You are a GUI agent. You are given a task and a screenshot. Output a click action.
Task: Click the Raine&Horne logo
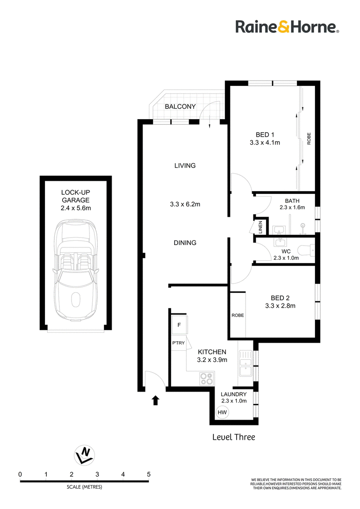(x=287, y=27)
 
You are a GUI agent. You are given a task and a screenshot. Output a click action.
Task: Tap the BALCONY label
(x=180, y=107)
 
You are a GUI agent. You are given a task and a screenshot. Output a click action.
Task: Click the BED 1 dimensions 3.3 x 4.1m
(x=265, y=143)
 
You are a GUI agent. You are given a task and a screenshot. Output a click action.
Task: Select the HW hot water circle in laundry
(x=222, y=412)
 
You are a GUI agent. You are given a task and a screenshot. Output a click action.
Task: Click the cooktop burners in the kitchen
(x=207, y=379)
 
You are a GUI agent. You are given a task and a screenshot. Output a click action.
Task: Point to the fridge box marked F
(x=179, y=325)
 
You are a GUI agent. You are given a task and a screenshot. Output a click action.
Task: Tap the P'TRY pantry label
(x=178, y=343)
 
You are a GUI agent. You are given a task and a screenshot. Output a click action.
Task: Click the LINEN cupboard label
(x=260, y=227)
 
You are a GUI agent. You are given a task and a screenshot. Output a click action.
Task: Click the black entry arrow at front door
(x=156, y=400)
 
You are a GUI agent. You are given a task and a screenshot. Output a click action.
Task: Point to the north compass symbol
(x=85, y=455)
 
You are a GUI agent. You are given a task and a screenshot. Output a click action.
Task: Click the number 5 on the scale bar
(x=149, y=474)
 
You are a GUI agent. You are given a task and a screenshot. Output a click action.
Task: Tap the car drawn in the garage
(x=76, y=270)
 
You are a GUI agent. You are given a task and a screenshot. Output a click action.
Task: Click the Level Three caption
(x=234, y=437)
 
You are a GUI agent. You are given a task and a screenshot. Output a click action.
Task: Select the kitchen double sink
(x=245, y=363)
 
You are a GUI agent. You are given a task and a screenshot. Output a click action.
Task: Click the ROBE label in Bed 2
(x=238, y=315)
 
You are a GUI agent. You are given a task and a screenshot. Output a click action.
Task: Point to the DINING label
(x=185, y=242)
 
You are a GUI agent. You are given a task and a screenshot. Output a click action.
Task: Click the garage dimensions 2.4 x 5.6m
(x=76, y=208)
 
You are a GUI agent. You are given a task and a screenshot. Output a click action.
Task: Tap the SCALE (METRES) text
(x=85, y=487)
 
